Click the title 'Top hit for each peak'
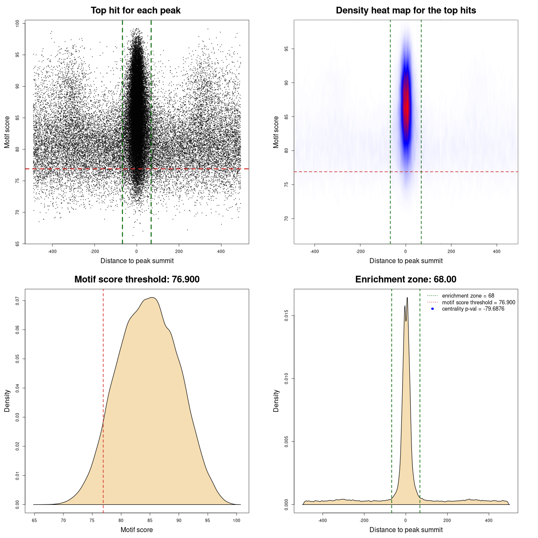click(x=136, y=11)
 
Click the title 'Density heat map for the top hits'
click(x=406, y=11)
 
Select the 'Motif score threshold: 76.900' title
click(x=137, y=280)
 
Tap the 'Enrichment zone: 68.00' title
click(x=406, y=280)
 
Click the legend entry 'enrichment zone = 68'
click(x=468, y=296)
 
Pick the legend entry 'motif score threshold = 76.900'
click(x=478, y=302)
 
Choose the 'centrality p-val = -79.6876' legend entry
click(x=473, y=309)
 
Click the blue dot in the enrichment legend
click(x=433, y=309)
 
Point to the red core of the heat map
click(x=406, y=105)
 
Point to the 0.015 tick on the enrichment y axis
click(x=287, y=316)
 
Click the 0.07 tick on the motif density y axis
click(x=18, y=301)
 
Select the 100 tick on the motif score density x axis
click(x=237, y=520)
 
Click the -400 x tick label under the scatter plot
click(x=52, y=251)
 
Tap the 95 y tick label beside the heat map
click(x=287, y=49)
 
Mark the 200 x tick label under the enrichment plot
click(x=447, y=520)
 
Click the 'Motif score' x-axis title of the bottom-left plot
click(x=137, y=530)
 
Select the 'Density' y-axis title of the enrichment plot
click(x=276, y=401)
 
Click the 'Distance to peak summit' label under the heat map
click(x=406, y=261)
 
